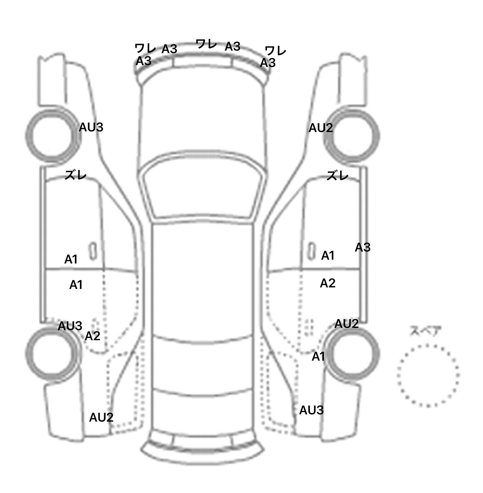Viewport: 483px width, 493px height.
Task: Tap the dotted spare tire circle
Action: coord(428,345)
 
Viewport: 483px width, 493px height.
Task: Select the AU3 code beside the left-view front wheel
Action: coord(91,127)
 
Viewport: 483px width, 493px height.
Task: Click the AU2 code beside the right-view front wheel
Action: coord(321,128)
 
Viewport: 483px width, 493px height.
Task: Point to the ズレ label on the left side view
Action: coord(75,175)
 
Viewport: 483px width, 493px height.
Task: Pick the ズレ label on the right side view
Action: coord(337,175)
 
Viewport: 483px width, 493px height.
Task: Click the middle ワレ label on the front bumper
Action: coord(206,44)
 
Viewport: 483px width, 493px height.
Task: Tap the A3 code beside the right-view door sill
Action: coord(363,248)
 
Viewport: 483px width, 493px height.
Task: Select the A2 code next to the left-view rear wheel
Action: coord(92,336)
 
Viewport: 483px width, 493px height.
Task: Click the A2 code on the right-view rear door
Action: coord(328,283)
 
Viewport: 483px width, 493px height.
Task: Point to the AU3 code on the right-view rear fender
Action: coord(311,410)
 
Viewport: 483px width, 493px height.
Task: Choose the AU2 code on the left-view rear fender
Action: coord(101,418)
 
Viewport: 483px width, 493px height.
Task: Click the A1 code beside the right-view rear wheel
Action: coord(318,357)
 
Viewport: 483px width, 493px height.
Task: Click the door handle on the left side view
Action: coord(93,251)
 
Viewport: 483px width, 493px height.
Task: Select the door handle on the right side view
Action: coord(311,251)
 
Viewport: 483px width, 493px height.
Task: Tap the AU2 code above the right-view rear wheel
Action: coord(347,324)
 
